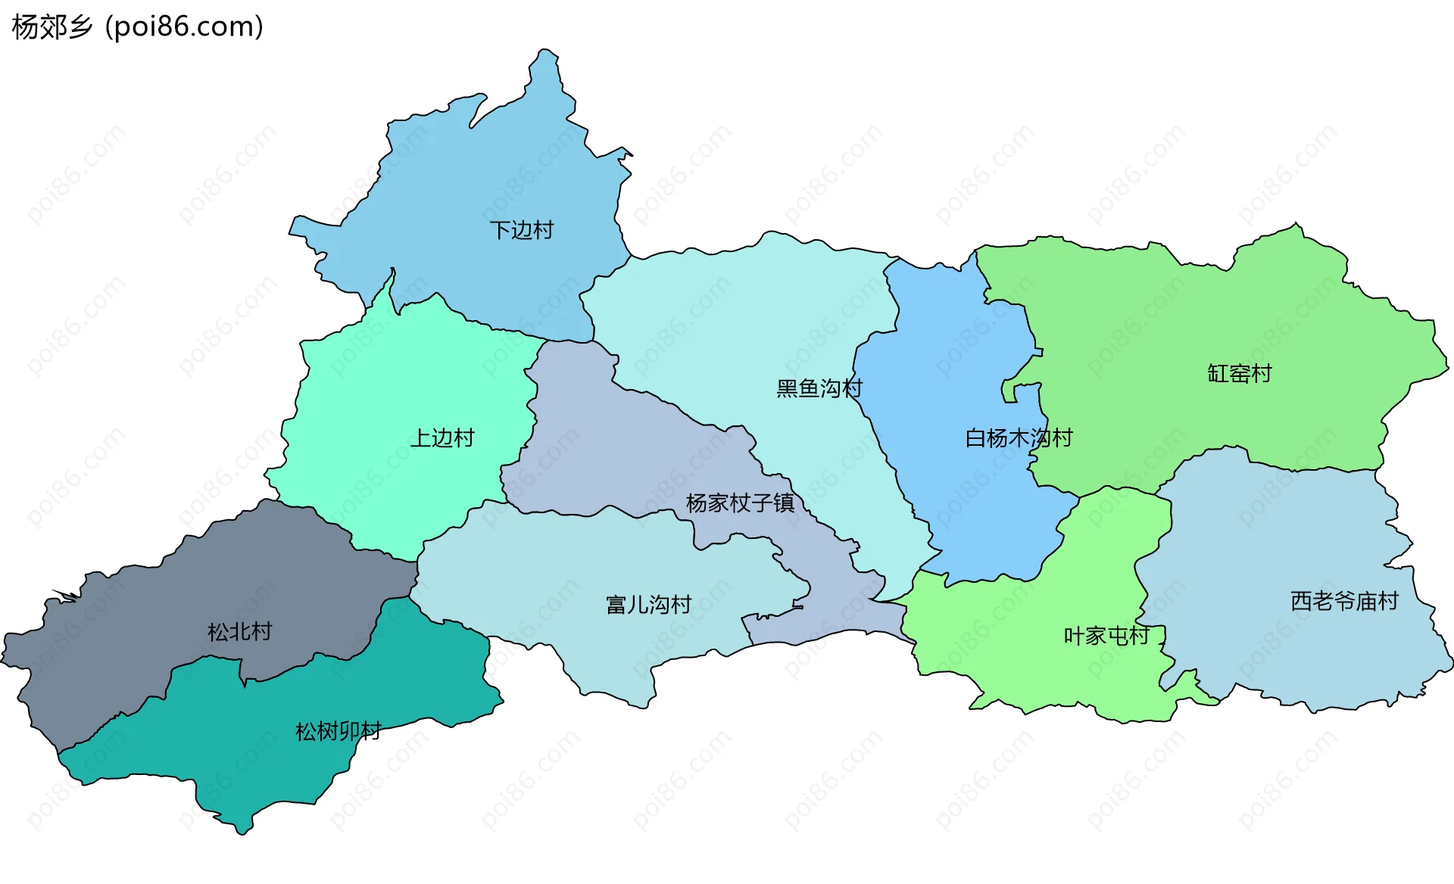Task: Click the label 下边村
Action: (521, 229)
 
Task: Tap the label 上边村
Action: (442, 437)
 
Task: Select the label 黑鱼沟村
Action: (819, 388)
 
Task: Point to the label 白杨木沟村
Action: (1019, 437)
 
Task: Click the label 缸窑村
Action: (1239, 373)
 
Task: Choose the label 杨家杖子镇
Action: (740, 503)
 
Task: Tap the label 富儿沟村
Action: (648, 604)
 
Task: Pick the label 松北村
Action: (239, 631)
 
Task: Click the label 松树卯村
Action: (338, 731)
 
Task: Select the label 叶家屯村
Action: (1106, 636)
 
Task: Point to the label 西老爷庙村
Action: (1344, 601)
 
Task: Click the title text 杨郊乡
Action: (51, 26)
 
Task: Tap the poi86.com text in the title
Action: (184, 26)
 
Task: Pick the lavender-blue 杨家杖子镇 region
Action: (606, 454)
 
